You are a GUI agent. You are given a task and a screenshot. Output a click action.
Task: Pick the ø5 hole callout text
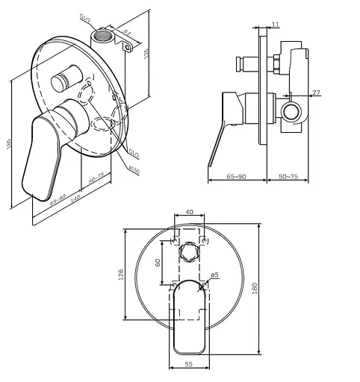(x=214, y=275)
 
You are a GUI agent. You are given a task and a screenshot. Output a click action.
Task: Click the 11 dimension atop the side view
(x=276, y=25)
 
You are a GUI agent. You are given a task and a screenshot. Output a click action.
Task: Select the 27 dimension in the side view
(x=316, y=93)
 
